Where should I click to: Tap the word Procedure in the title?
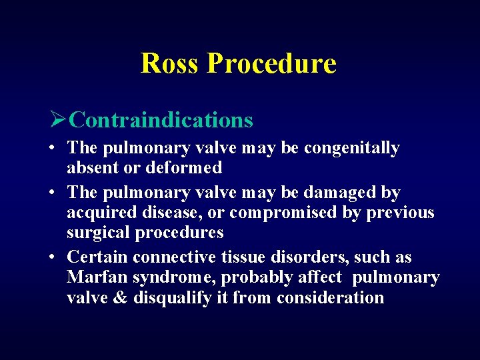pos(271,63)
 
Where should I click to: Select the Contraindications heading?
pos(161,120)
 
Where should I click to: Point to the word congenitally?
pos(351,148)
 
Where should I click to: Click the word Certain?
pos(97,257)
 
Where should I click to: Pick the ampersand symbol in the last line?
pos(121,297)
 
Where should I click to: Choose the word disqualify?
pos(169,297)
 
